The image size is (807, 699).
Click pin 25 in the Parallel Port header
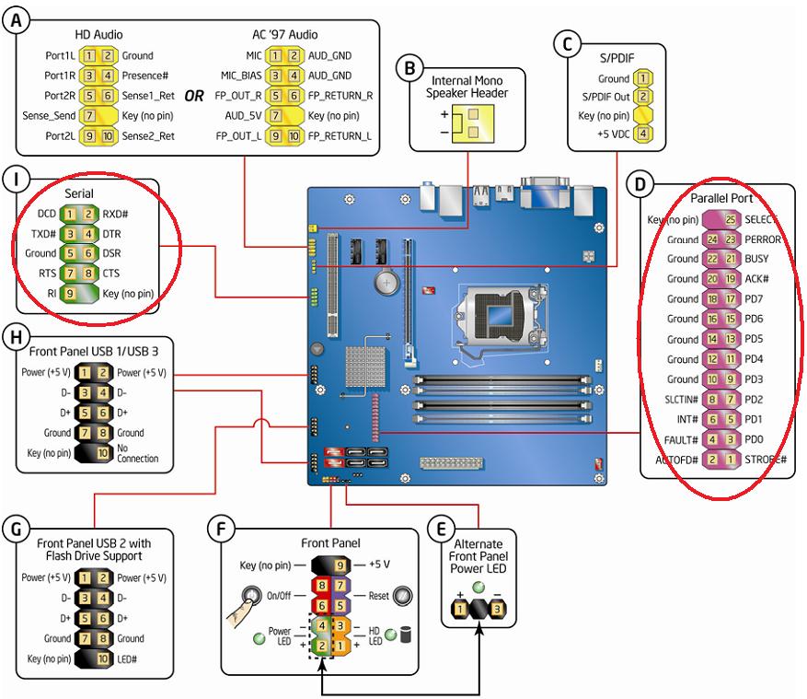[729, 220]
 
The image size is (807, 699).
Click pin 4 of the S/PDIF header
[645, 134]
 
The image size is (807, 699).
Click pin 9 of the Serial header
[68, 294]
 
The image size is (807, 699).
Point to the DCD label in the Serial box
[44, 214]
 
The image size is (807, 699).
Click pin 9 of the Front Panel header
[340, 565]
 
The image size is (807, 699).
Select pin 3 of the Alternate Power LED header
[496, 610]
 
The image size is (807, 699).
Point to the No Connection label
[138, 453]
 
